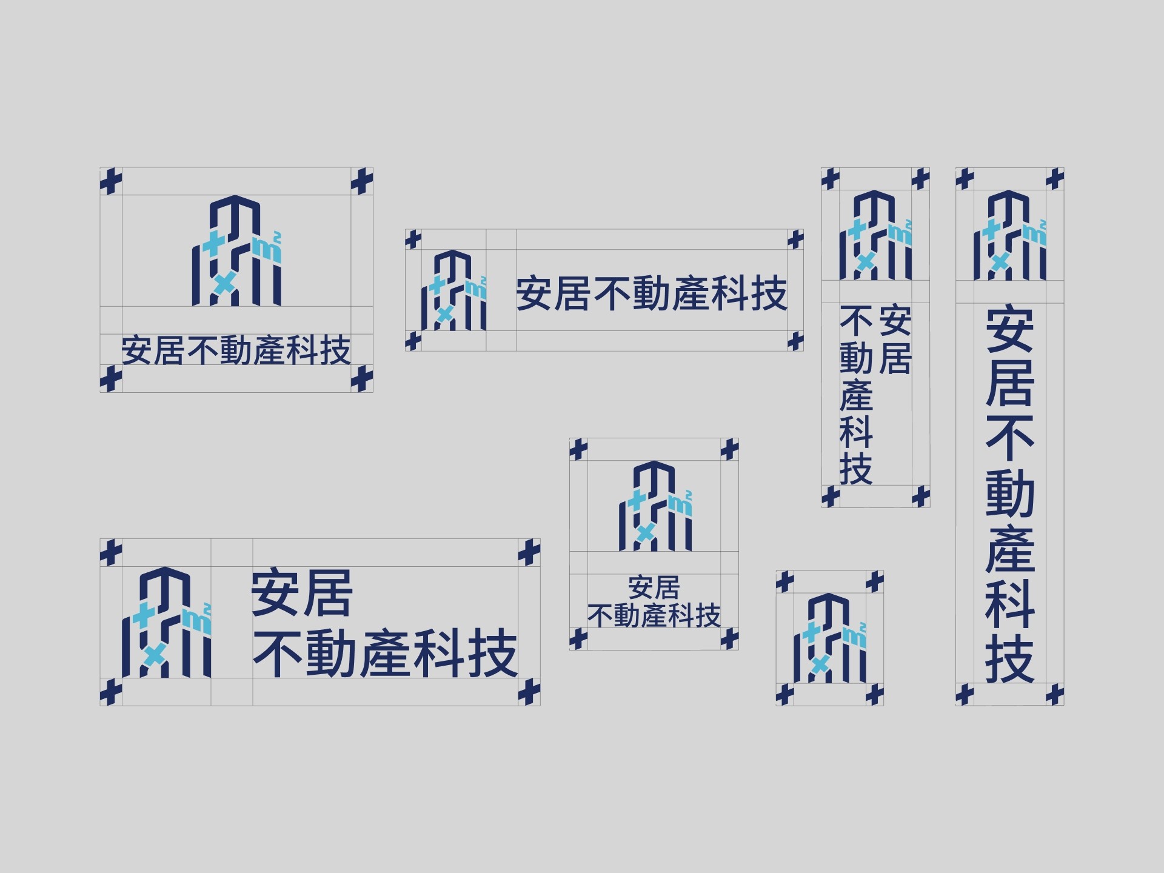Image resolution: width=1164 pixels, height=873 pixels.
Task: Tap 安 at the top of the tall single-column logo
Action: click(1009, 330)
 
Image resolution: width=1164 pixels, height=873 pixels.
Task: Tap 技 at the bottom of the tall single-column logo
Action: click(1009, 660)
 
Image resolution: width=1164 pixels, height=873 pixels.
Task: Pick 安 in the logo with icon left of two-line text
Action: click(276, 593)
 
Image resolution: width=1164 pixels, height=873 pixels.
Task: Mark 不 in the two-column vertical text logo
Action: click(856, 321)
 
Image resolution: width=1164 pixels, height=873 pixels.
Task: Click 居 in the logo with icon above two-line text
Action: click(667, 587)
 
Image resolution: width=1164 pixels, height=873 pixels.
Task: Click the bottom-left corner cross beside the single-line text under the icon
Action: click(110, 379)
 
